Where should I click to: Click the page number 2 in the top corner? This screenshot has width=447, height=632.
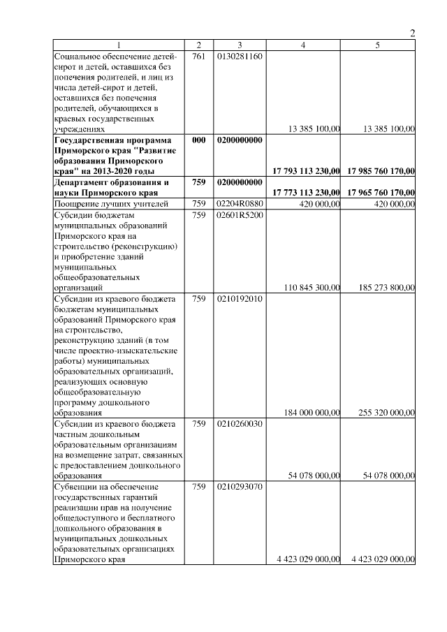point(412,34)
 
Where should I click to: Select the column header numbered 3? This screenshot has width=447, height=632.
point(239,45)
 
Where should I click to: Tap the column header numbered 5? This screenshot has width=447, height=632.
point(377,45)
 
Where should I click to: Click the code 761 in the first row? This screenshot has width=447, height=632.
point(198,56)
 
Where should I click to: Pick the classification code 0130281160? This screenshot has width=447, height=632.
point(240,56)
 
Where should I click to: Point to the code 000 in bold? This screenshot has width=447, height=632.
point(198,140)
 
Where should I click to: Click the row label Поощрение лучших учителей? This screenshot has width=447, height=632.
point(111,204)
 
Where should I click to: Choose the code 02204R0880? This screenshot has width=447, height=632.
point(240,204)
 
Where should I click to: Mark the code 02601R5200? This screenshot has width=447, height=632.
point(240,215)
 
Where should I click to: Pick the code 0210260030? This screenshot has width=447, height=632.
point(240,424)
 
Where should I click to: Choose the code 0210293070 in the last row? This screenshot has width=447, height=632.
point(240,487)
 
